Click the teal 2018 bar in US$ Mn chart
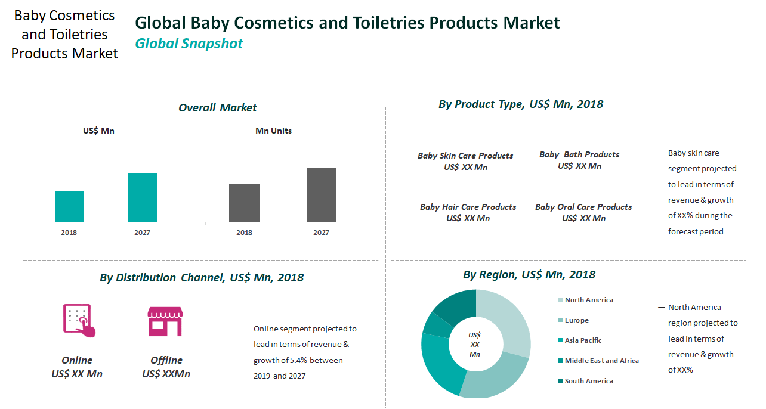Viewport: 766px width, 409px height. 69,206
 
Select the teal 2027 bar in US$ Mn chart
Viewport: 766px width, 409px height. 143,198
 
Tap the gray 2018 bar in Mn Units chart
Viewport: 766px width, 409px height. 244,203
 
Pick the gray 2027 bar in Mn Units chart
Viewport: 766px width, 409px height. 321,195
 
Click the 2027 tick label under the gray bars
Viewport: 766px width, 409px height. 321,233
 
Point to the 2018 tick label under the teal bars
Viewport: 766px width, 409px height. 69,233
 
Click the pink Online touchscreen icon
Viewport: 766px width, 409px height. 79,321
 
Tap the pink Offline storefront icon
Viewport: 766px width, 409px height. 165,321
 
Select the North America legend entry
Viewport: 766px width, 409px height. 588,300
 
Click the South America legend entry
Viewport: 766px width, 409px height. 588,381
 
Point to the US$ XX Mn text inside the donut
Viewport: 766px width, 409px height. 475,345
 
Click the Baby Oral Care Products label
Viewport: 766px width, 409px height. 583,207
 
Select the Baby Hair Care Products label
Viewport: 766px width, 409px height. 468,207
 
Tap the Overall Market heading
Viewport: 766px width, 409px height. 217,108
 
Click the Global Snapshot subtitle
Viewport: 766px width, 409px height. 189,44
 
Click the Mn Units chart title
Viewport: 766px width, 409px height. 273,131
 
